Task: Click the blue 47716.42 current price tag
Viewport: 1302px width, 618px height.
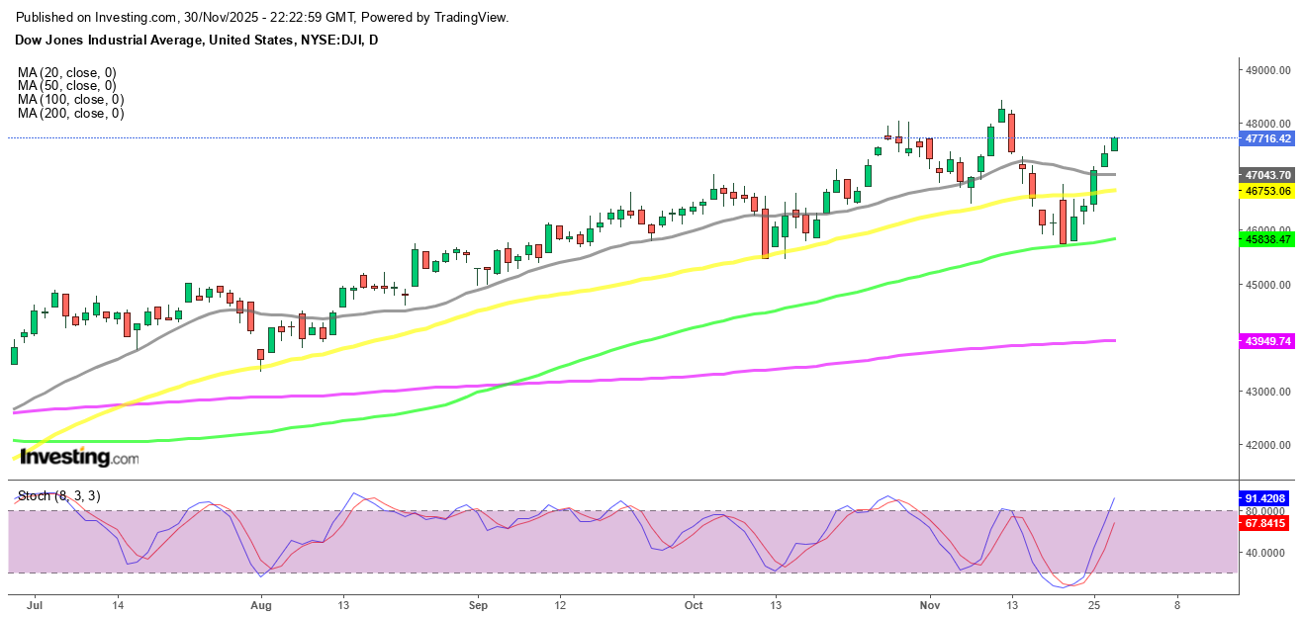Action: coord(1267,138)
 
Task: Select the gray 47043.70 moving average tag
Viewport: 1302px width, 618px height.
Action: coord(1267,174)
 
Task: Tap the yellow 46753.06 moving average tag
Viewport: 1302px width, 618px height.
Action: coord(1267,191)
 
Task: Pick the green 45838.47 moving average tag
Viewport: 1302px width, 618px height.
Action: coord(1267,239)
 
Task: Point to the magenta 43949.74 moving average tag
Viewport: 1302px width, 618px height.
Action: coord(1267,341)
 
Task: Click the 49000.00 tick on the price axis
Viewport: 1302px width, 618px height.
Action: coord(1267,70)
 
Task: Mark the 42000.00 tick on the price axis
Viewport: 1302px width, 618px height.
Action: coord(1267,445)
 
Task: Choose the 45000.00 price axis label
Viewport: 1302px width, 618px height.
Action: coord(1267,285)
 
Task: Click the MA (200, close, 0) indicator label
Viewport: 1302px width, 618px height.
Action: coord(70,114)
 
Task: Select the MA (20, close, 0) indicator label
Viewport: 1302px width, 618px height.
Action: coord(66,72)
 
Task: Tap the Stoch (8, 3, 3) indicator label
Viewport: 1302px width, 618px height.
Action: coord(58,495)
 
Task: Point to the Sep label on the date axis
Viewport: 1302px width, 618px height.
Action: coord(478,603)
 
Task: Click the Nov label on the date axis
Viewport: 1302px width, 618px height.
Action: coord(929,603)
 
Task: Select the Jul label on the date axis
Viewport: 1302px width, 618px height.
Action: coord(36,603)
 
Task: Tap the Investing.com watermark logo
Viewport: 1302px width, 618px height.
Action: coord(79,458)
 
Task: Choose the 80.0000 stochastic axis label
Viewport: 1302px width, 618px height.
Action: coord(1267,511)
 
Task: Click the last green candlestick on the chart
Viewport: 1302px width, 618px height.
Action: coord(1115,144)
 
